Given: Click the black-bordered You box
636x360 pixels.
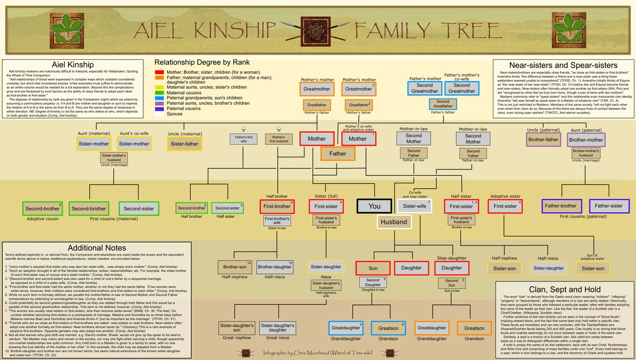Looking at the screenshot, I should [374, 206].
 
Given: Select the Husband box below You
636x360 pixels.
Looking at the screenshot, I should [394, 222].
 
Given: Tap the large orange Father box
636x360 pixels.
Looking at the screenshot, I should [338, 154].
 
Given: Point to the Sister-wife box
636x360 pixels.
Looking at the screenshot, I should [414, 206].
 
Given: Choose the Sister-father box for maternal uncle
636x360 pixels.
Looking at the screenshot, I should [185, 144].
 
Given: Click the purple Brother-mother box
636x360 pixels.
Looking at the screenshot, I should [586, 141].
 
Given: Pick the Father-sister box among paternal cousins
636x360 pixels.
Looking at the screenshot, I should [609, 205].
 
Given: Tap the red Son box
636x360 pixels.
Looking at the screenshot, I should [373, 268].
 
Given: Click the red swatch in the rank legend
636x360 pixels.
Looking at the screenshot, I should [159, 72].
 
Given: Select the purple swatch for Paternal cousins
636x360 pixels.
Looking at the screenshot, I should [159, 109].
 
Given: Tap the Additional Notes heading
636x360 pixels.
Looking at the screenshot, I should [96, 248].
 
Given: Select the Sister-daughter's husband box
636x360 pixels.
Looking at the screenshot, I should [326, 287].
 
